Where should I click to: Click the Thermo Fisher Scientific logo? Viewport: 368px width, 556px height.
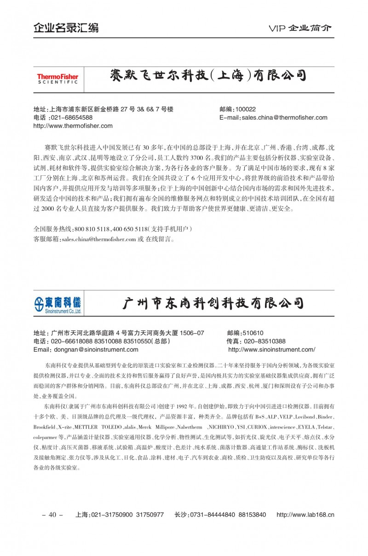pyautogui.click(x=57, y=79)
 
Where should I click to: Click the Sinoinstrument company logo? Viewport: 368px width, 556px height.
pyautogui.click(x=57, y=305)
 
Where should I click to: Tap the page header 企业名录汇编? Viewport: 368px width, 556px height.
pyautogui.click(x=66, y=28)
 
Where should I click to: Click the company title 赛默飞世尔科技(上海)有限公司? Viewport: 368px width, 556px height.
pyautogui.click(x=208, y=75)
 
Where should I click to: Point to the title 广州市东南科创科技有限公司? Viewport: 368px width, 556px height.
pyautogui.click(x=213, y=303)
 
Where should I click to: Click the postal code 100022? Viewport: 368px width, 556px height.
pyautogui.click(x=245, y=109)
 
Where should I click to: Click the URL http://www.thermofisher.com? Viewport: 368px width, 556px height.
pyautogui.click(x=73, y=126)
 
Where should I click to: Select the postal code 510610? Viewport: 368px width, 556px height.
pyautogui.click(x=253, y=333)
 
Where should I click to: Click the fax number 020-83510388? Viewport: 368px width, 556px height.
pyautogui.click(x=264, y=342)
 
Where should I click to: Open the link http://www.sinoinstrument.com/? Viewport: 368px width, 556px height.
pyautogui.click(x=271, y=350)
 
